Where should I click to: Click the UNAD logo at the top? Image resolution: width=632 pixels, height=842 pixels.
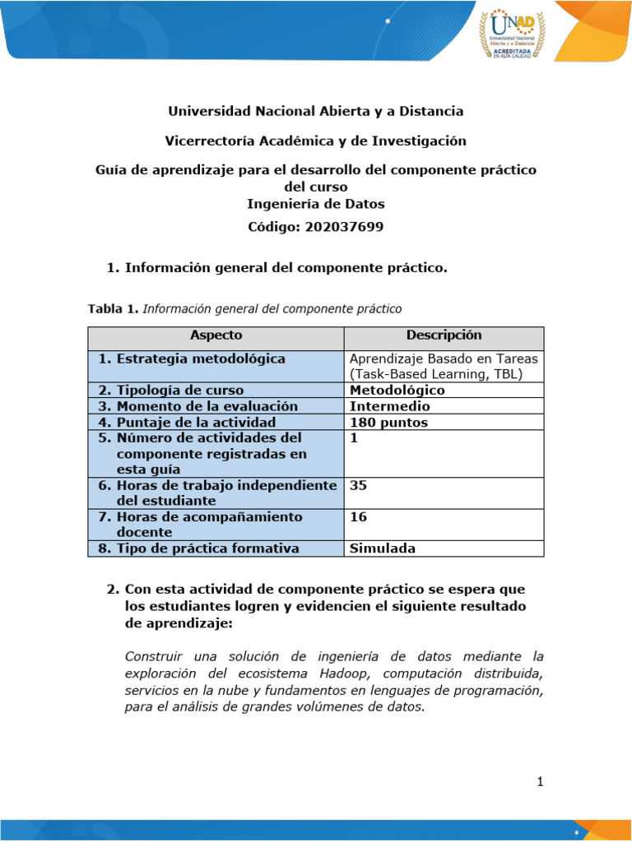(x=512, y=32)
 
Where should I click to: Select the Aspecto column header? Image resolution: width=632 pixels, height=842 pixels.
(x=216, y=335)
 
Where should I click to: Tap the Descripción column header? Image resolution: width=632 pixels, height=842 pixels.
(x=444, y=335)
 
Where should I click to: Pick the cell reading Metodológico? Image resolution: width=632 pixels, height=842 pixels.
(x=397, y=391)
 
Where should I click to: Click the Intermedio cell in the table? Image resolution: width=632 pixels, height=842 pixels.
(x=389, y=406)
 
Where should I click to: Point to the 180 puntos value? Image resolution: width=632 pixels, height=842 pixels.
(x=388, y=423)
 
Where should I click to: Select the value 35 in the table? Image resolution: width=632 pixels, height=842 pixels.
(x=359, y=485)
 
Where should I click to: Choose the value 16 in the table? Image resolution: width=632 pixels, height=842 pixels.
(x=359, y=517)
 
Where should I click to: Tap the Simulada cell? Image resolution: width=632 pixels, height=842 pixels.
(x=383, y=548)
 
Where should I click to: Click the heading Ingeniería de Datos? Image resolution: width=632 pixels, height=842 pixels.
(x=316, y=204)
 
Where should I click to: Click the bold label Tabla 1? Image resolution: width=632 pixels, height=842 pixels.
(x=114, y=309)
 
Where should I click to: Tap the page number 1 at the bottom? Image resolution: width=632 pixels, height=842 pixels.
(x=540, y=782)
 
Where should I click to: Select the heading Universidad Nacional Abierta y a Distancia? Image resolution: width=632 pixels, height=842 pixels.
(x=316, y=111)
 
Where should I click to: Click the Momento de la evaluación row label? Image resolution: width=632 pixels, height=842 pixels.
(x=197, y=406)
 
